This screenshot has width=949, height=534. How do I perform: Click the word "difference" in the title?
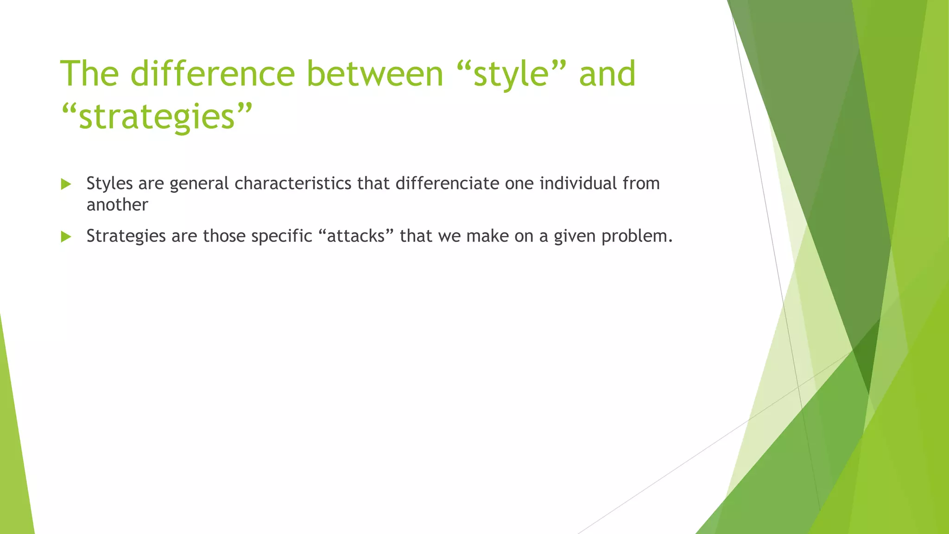pyautogui.click(x=212, y=74)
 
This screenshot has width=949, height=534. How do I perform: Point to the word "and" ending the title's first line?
pyautogui.click(x=607, y=74)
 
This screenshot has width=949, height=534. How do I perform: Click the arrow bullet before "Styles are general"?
pyautogui.click(x=66, y=184)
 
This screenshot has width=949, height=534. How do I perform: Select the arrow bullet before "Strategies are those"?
pyautogui.click(x=66, y=237)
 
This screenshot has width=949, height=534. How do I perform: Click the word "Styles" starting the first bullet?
pyautogui.click(x=109, y=184)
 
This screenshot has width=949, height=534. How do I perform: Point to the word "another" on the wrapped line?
pyautogui.click(x=117, y=205)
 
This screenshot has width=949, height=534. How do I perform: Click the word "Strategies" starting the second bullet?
pyautogui.click(x=126, y=236)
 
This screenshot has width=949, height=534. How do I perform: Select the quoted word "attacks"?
pyautogui.click(x=356, y=236)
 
